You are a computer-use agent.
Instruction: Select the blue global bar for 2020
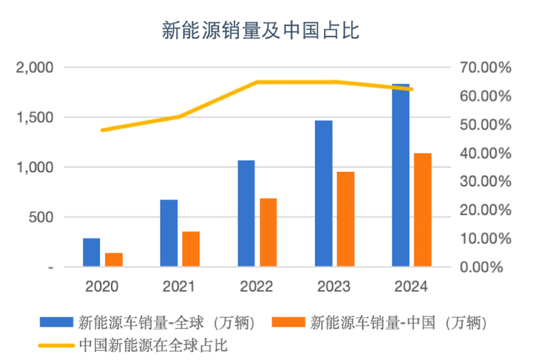pos(91,252)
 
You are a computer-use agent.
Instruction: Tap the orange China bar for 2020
pos(114,260)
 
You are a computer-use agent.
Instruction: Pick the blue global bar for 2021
pos(169,233)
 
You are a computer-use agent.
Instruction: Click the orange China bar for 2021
pos(191,249)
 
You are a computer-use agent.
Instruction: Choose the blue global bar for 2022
pos(246,213)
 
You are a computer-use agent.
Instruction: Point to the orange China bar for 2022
pos(268,232)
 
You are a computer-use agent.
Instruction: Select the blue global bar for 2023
pos(324,194)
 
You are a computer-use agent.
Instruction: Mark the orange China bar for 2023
pos(346,219)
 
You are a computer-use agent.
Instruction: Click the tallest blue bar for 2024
pos(401,176)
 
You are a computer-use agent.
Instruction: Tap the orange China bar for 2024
pos(422,210)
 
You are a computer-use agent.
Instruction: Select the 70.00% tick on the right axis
pos(486,68)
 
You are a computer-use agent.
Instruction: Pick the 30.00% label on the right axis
pos(486,182)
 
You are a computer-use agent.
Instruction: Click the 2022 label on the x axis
pos(257,287)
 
